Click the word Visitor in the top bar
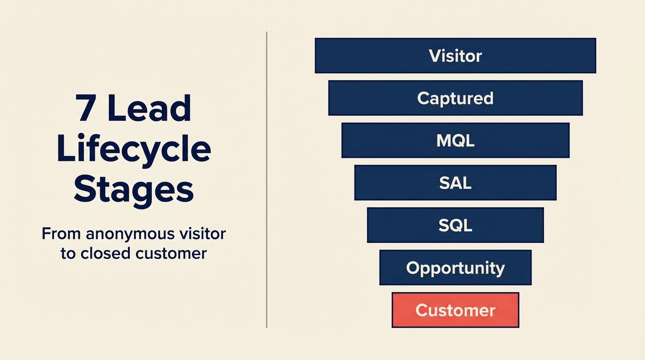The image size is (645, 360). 455,56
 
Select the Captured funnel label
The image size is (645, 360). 455,98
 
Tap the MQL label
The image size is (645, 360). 455,141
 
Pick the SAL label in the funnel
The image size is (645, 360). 455,183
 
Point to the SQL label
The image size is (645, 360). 455,225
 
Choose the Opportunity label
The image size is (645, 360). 455,268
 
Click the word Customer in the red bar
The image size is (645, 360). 455,310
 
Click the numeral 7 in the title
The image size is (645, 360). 86,109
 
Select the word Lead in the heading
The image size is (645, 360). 150,109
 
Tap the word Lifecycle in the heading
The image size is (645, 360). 134,149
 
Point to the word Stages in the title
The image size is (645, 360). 134,189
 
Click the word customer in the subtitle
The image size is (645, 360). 171,254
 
